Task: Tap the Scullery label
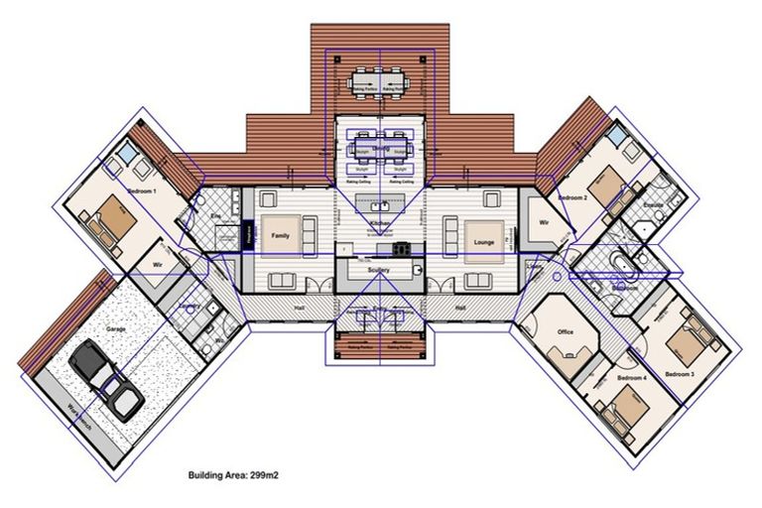[378, 270]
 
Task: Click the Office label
[566, 332]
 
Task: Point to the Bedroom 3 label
[679, 373]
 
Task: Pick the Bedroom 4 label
[631, 378]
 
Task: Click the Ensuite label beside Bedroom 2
[652, 205]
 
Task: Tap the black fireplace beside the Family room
[247, 235]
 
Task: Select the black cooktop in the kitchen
[402, 248]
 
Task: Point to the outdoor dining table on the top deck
[382, 77]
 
